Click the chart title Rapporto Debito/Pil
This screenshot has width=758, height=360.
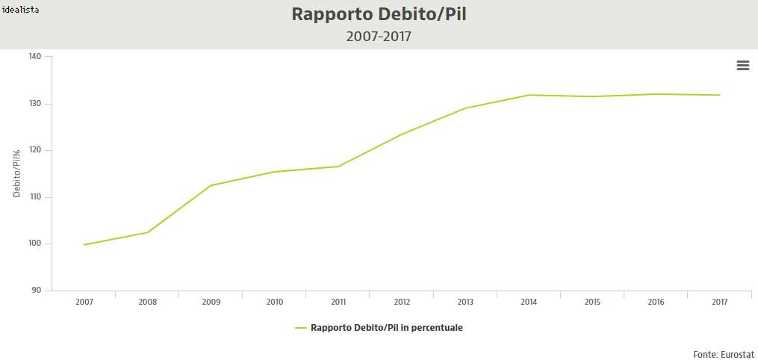click(379, 14)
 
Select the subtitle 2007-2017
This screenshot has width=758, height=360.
click(379, 36)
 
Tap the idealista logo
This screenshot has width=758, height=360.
click(20, 9)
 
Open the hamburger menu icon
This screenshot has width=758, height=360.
click(742, 66)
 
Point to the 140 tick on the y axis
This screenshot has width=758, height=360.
click(36, 56)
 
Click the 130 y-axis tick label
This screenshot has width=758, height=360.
click(36, 103)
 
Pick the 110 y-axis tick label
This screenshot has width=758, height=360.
click(36, 197)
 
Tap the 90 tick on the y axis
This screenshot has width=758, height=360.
click(37, 291)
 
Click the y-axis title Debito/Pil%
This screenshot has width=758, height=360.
click(16, 173)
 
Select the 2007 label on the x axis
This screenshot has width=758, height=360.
click(84, 302)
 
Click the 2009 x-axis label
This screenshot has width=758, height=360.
click(211, 302)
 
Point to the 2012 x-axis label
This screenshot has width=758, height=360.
click(402, 302)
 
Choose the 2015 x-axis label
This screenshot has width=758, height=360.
click(592, 302)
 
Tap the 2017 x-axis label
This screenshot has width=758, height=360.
click(719, 302)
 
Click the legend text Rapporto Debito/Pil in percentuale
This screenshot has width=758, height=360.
click(386, 328)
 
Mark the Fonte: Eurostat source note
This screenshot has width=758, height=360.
click(723, 353)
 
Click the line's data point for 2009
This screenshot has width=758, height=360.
click(211, 185)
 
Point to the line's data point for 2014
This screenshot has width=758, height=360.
click(529, 95)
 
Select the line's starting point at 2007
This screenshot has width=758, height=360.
click(84, 244)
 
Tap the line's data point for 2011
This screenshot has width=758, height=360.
click(338, 166)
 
